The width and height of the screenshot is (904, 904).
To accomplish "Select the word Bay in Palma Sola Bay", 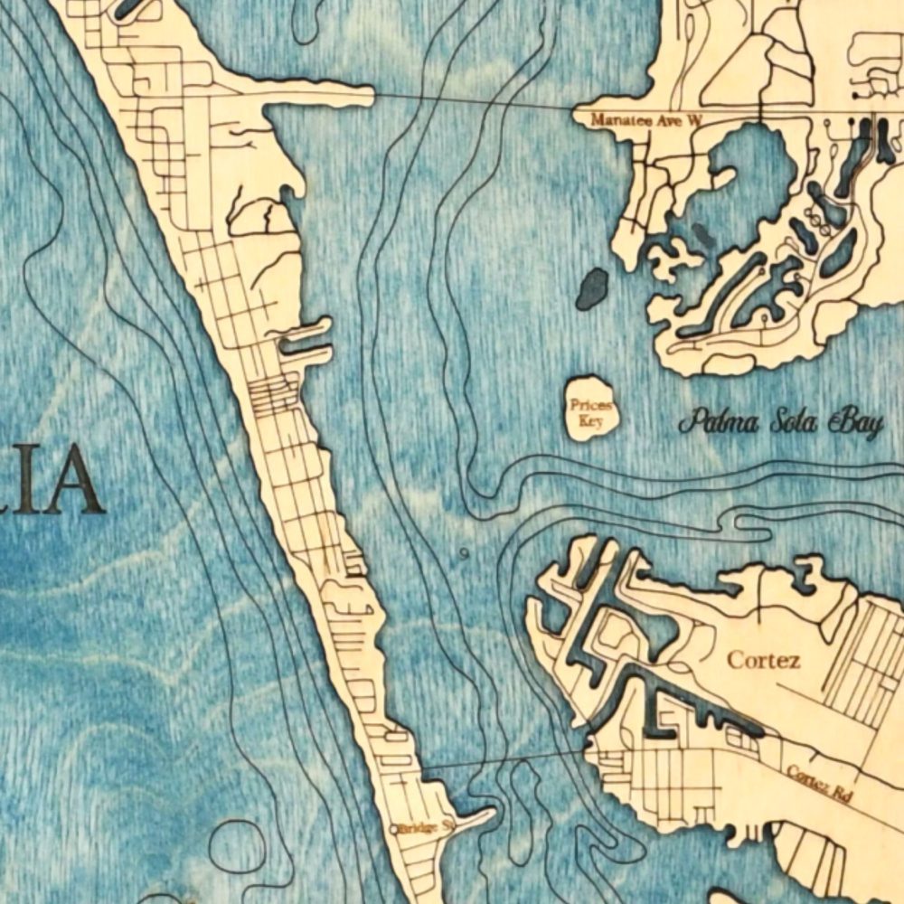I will pos(857,422).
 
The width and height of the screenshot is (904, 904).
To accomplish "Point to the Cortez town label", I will pos(764,660).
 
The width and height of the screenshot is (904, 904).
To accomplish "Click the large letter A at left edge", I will pos(72,479).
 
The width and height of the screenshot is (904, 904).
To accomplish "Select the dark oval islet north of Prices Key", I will pos(592,288).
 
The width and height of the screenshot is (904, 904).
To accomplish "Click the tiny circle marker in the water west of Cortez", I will pos(464,553).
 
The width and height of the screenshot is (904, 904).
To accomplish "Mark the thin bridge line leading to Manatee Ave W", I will pos(470,100).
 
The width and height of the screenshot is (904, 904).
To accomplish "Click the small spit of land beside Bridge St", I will pos(475,815).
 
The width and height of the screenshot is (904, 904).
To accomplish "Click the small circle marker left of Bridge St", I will pos(393,828).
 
